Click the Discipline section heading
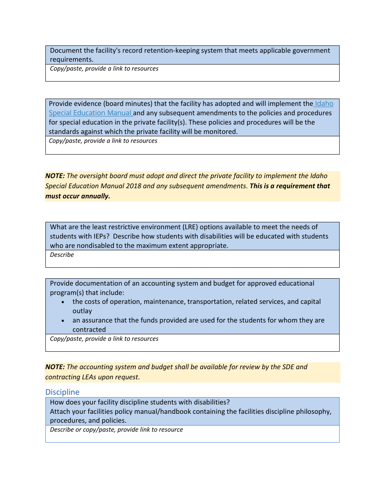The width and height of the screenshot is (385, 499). (x=62, y=392)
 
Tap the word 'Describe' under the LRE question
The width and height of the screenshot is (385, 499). (x=62, y=255)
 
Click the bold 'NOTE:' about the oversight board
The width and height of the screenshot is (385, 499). (x=55, y=176)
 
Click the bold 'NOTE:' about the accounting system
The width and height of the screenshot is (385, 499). (x=55, y=367)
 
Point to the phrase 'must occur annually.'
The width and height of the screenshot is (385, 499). (x=77, y=196)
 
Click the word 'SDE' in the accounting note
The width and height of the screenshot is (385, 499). (x=287, y=367)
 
